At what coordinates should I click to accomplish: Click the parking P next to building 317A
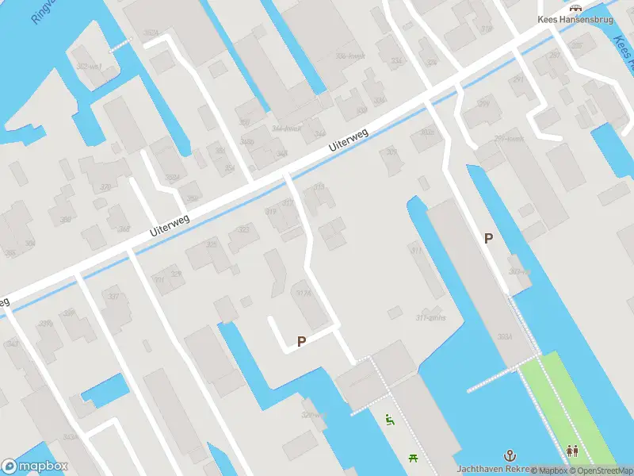(x=301, y=341)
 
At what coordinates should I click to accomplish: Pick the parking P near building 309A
(x=488, y=238)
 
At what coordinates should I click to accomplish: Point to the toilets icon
(x=572, y=451)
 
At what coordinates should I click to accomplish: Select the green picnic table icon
(x=413, y=457)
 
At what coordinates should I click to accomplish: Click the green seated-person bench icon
(x=389, y=420)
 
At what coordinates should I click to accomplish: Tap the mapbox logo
(x=35, y=466)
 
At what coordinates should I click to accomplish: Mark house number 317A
(x=303, y=294)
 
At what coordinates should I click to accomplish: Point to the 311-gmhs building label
(x=431, y=317)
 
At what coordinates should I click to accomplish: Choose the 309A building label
(x=505, y=337)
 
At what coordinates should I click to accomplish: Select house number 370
(x=105, y=187)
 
